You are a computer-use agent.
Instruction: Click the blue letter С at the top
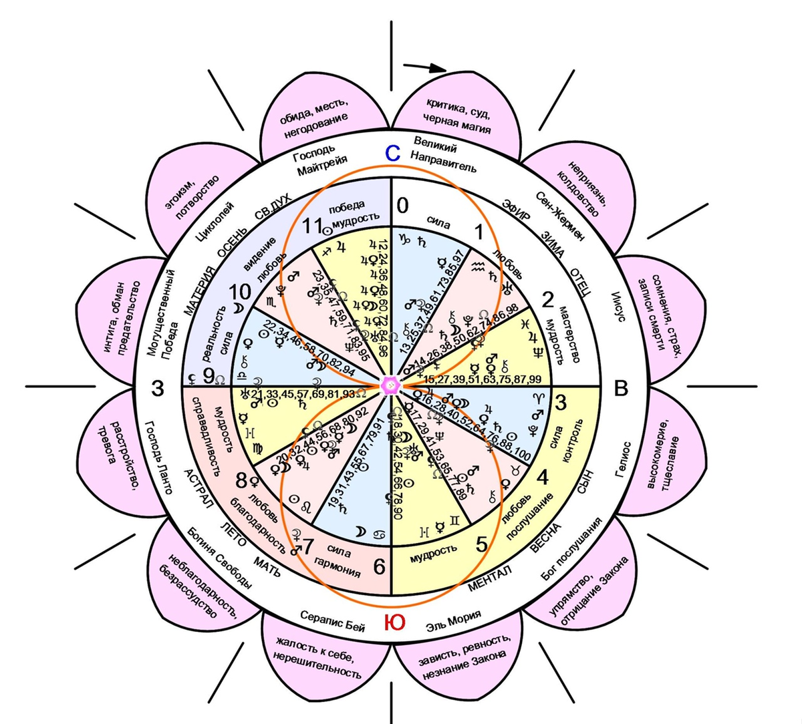[392, 154]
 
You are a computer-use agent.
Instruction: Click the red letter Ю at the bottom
[394, 622]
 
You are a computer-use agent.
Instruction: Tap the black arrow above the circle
[425, 67]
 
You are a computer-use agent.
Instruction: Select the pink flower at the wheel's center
[390, 385]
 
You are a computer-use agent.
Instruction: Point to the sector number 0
[402, 206]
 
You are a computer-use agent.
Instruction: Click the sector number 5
[481, 544]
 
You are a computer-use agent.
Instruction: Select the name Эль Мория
[453, 621]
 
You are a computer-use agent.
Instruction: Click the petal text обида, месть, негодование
[315, 115]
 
